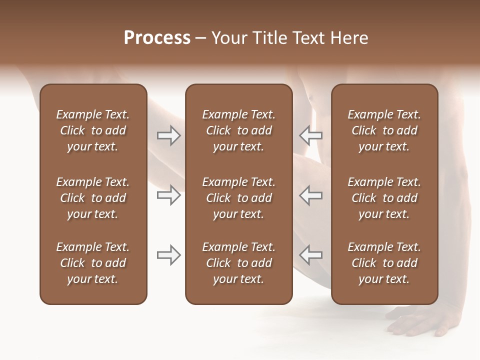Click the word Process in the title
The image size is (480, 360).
point(157,38)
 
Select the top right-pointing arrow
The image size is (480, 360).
point(168,135)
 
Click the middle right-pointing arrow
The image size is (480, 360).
point(168,195)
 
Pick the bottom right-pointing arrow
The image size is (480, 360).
point(168,255)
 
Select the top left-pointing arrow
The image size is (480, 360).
point(311,135)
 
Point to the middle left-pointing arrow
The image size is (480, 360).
point(311,195)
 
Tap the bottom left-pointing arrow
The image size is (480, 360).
point(311,255)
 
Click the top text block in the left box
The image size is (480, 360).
point(93,130)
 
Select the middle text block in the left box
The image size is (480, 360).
point(93,198)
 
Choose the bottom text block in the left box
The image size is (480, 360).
point(93,263)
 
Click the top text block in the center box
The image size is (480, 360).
point(238,130)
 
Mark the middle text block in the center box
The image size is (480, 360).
point(238,198)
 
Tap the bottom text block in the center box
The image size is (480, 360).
point(238,263)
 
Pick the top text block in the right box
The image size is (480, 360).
point(384,130)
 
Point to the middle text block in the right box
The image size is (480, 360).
point(384,198)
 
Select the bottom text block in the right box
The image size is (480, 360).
point(384,263)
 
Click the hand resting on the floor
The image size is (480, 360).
point(425,322)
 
